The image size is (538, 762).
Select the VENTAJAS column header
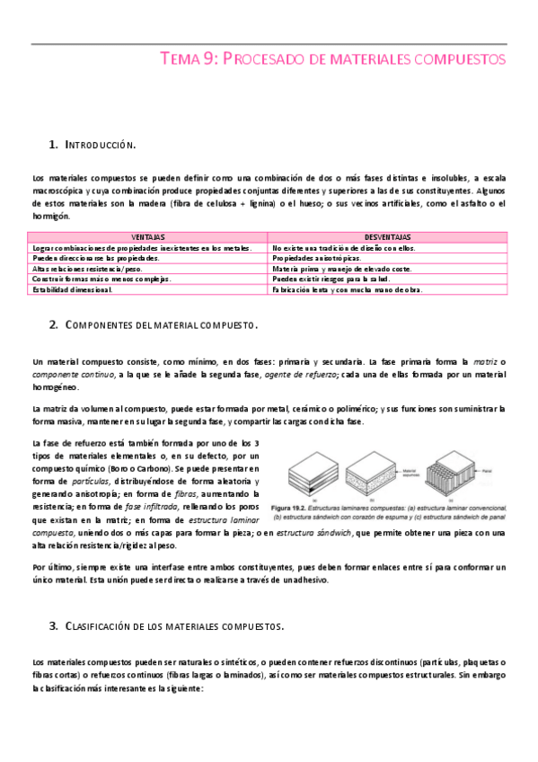tap(148, 237)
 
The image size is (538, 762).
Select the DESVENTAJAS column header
tap(389, 237)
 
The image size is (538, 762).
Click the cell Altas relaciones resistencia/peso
tap(88, 268)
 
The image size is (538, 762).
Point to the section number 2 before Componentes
tap(54, 323)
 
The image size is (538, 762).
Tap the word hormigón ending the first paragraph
tap(52, 217)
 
